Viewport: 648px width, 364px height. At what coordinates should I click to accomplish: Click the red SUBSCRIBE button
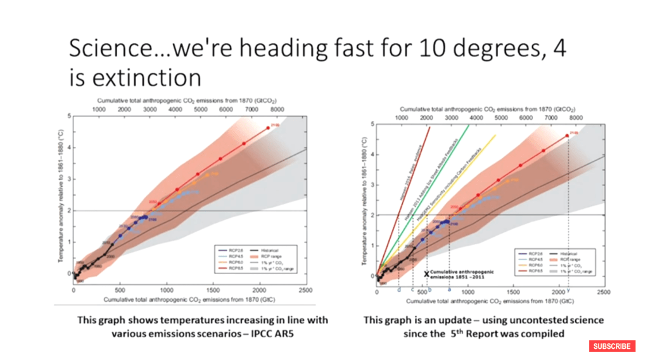click(612, 346)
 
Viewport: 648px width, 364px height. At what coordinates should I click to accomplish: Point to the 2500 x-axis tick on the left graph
click(305, 290)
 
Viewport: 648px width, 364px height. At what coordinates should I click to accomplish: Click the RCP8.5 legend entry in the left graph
click(227, 269)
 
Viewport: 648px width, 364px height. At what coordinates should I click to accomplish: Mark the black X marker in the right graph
click(427, 273)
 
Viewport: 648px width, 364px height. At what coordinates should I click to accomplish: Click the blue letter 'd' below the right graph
click(398, 291)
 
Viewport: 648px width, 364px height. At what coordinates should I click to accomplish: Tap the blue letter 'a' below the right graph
click(449, 291)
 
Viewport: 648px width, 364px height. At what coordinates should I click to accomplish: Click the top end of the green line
click(469, 125)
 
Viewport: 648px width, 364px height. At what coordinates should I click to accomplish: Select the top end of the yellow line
click(495, 135)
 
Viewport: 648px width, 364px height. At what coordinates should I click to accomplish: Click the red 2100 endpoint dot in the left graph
click(267, 128)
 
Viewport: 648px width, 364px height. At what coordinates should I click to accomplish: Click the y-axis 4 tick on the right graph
click(373, 154)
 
